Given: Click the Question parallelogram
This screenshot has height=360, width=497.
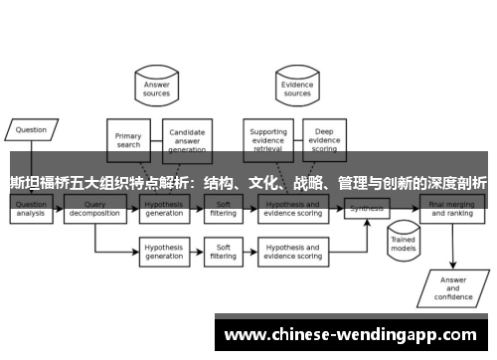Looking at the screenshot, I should click(x=32, y=129).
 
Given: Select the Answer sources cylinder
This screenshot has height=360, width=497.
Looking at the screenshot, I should click(x=158, y=89).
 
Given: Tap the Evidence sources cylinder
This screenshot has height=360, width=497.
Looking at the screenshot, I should click(x=297, y=89).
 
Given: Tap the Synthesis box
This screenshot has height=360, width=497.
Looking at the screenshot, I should click(x=367, y=209).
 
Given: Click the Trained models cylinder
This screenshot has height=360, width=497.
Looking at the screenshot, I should click(x=402, y=242).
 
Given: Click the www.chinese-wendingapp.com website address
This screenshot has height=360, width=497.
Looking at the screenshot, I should click(x=352, y=335).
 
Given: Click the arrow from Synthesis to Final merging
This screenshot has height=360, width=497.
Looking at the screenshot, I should click(x=406, y=208).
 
